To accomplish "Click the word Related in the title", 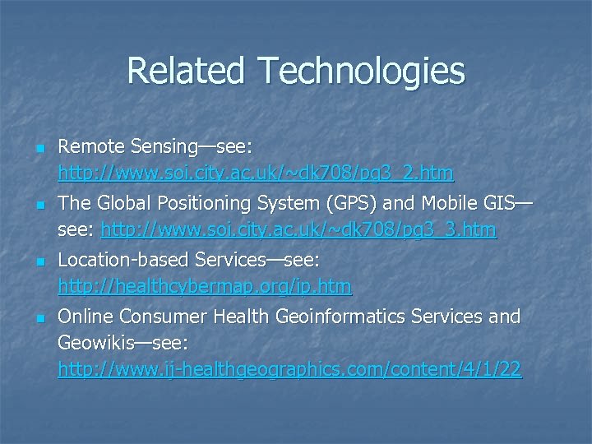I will pos(188,71).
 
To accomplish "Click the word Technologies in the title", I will pos(361,72).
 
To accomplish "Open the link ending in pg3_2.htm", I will pos(255,173).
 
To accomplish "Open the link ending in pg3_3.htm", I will pos(298,230).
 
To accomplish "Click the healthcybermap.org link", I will pos(204,287).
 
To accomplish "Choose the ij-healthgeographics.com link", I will pos(289,370).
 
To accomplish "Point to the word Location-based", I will pos(123,261).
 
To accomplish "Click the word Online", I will pos(86,317).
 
